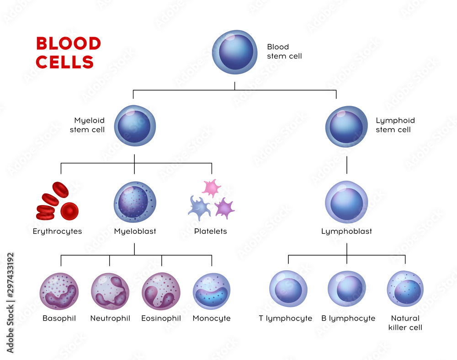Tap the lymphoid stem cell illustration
tap(346, 127)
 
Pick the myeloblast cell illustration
tap(134, 202)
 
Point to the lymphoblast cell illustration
tap(346, 202)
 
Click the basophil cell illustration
tap(59, 291)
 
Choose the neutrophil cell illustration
tap(110, 291)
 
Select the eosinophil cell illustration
tap(161, 291)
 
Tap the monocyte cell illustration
tap(212, 291)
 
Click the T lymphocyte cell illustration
tap(288, 289)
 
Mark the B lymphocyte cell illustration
tap(347, 289)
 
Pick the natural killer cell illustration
tap(405, 289)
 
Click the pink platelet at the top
tap(212, 188)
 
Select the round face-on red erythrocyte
tap(69, 211)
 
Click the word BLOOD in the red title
tap(68, 44)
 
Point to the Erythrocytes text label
tap(57, 231)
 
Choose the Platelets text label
tap(210, 231)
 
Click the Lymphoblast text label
tap(346, 231)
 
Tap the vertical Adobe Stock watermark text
tap(11, 303)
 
